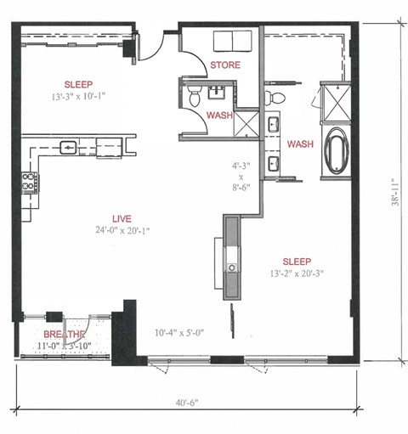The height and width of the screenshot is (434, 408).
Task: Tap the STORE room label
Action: coord(224,65)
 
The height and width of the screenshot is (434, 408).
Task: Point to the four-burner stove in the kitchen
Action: coord(29,181)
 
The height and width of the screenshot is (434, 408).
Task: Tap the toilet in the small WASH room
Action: coord(195,95)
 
